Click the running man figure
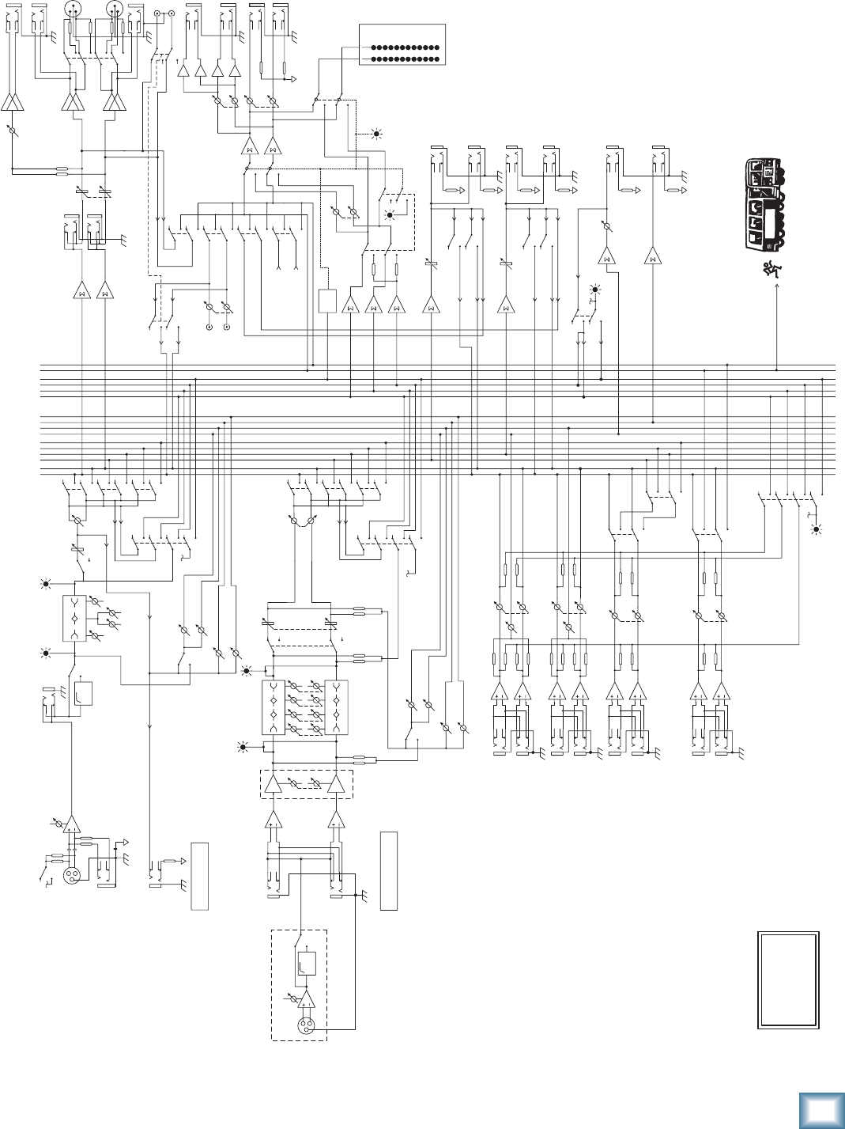[769, 269]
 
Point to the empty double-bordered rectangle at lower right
[788, 980]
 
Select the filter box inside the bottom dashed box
[307, 965]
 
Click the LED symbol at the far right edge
[817, 529]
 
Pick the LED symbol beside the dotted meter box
[377, 133]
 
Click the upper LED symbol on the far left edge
[46, 585]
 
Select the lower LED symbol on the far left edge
[46, 653]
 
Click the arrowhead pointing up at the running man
[776, 288]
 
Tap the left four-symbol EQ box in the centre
[273, 707]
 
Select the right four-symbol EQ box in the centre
[336, 707]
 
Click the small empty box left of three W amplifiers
[327, 303]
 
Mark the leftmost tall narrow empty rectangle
[199, 877]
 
